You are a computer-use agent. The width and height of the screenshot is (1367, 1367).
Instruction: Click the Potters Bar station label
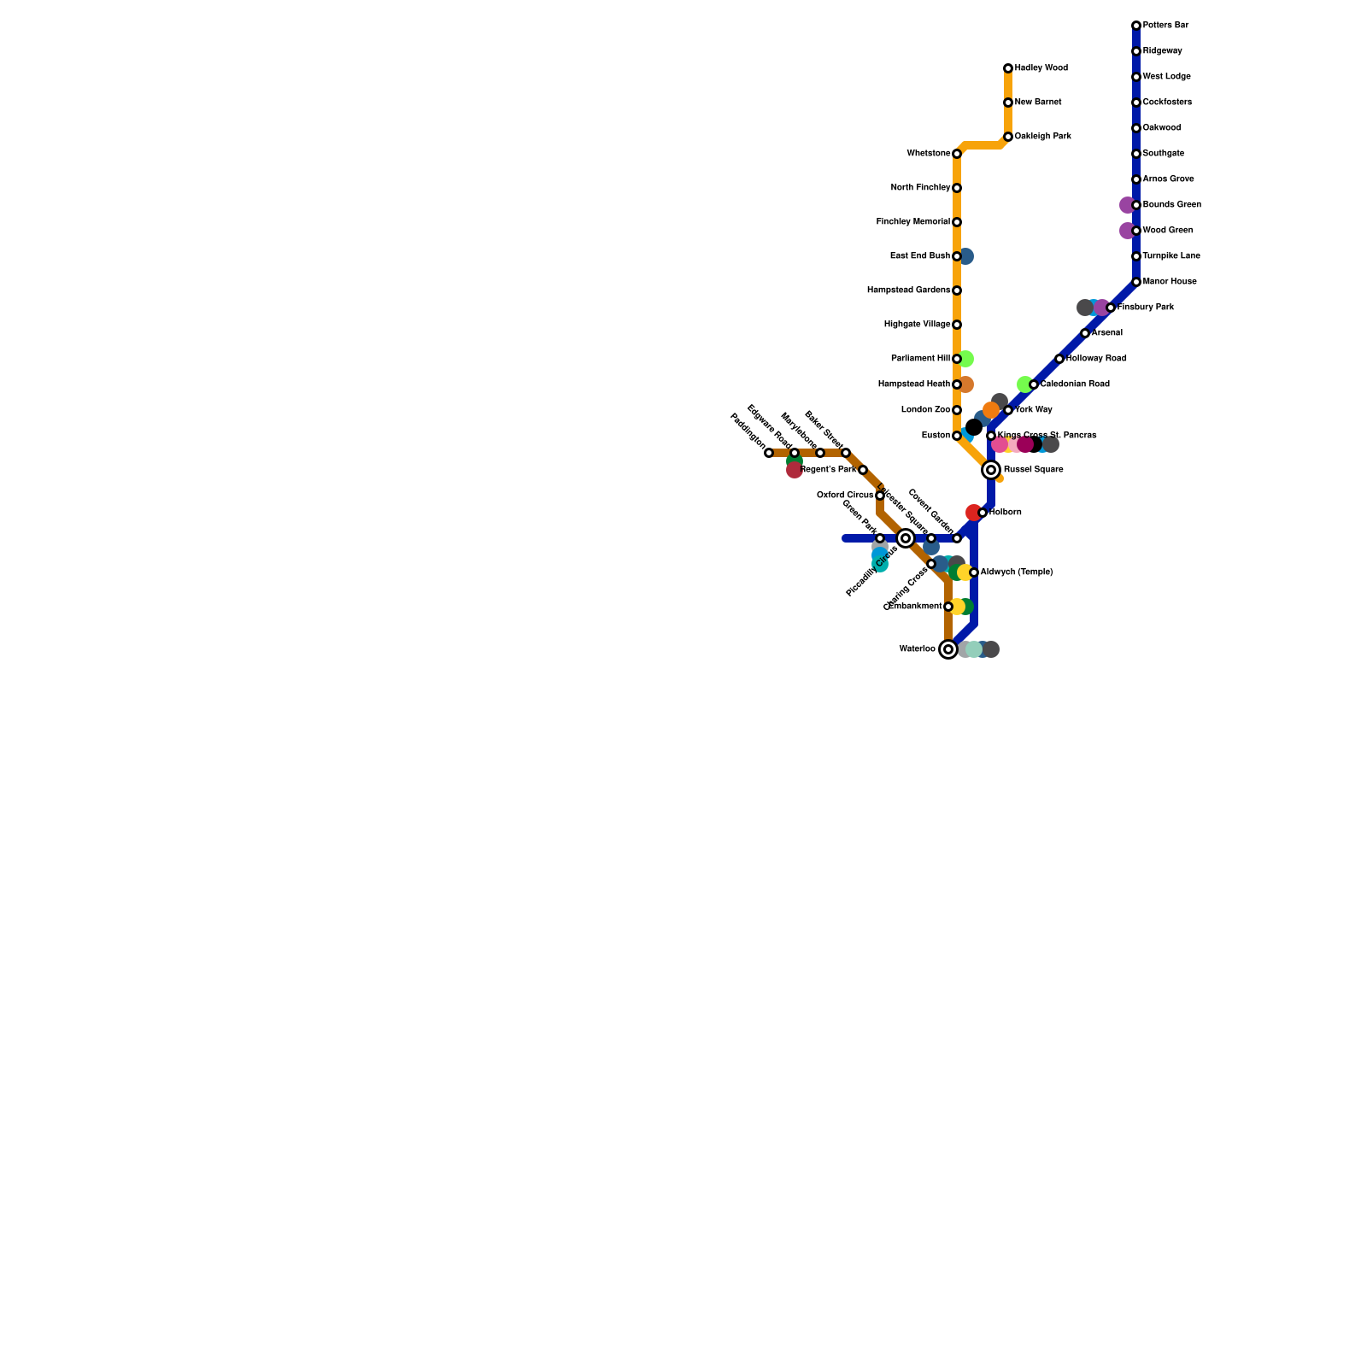tap(1165, 26)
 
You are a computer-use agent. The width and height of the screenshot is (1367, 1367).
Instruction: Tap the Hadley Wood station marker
tap(1008, 68)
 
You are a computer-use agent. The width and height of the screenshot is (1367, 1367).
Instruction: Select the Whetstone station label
tap(928, 154)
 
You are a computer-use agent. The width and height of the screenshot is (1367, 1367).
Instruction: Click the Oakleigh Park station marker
tap(1008, 137)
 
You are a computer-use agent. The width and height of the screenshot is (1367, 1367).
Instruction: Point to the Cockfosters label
tap(1167, 103)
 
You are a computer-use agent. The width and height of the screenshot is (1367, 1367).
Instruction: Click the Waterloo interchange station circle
tap(948, 649)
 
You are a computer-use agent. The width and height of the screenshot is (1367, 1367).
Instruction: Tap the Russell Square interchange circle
tap(991, 470)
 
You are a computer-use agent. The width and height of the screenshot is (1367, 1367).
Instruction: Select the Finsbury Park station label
tap(1146, 308)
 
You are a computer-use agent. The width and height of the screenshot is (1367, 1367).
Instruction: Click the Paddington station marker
tap(769, 453)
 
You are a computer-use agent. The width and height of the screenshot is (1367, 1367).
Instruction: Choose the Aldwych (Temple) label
tap(1016, 572)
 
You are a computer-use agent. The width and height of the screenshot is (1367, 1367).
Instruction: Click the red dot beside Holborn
tap(973, 513)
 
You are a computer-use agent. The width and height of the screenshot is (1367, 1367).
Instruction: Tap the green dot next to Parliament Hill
tap(966, 359)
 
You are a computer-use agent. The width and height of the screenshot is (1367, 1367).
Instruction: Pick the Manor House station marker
tap(1136, 282)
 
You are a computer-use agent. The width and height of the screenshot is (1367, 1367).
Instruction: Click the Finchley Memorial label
tap(912, 222)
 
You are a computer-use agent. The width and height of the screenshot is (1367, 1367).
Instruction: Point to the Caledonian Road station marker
tap(1034, 384)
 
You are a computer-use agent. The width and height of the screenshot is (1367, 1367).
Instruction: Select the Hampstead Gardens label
tap(908, 290)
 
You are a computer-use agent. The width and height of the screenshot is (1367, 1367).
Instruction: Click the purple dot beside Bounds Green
tap(1127, 205)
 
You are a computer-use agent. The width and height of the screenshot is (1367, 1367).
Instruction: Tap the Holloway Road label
tap(1096, 359)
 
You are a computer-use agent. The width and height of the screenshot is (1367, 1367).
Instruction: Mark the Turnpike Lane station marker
tap(1136, 256)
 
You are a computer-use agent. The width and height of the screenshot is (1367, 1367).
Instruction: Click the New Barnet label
tap(1038, 103)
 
